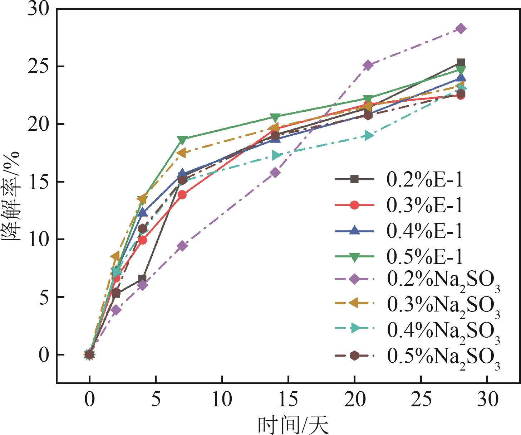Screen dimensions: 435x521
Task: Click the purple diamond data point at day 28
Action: (x=461, y=29)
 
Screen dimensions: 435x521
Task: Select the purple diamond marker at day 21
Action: (x=368, y=65)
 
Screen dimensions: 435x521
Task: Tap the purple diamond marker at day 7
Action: (x=182, y=246)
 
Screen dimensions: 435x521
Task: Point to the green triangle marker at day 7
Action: (x=182, y=139)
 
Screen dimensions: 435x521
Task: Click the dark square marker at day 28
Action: (x=461, y=63)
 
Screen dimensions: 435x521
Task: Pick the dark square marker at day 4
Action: (x=142, y=279)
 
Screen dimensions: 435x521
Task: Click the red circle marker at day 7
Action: (x=182, y=195)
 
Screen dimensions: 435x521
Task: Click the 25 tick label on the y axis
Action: (x=39, y=67)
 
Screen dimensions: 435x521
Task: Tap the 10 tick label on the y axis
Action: (x=39, y=240)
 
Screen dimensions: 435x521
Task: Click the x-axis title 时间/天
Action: (x=293, y=425)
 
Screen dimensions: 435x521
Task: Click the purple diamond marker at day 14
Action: (x=275, y=173)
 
